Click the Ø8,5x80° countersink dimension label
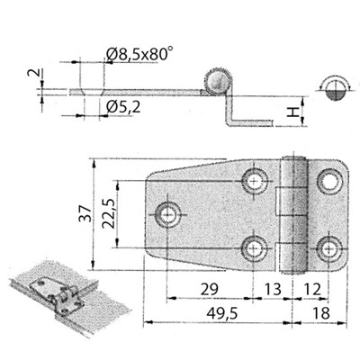[x=139, y=55]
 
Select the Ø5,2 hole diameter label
[x=123, y=106]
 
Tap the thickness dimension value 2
[x=33, y=73]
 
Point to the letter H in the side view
[x=292, y=112]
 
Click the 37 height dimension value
[x=85, y=213]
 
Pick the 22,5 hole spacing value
[x=108, y=213]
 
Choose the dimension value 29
[x=210, y=290]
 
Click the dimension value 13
[x=273, y=290]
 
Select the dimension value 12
[x=312, y=290]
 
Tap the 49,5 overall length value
[x=222, y=313]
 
